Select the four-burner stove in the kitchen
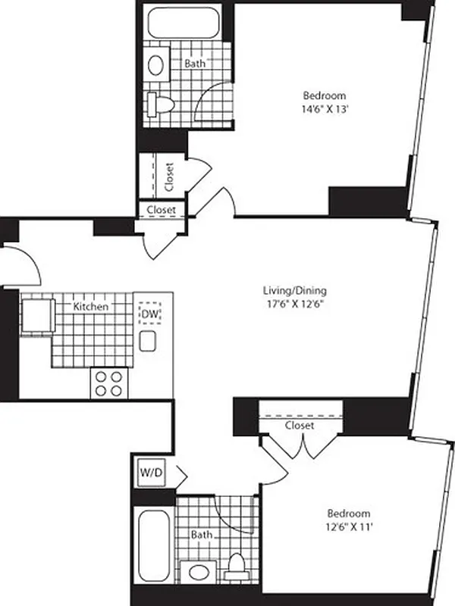108,383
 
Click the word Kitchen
90,307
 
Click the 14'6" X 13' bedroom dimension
325,109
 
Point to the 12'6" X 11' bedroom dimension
349,526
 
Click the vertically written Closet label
169,176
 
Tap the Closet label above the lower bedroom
300,426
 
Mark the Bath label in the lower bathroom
202,535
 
